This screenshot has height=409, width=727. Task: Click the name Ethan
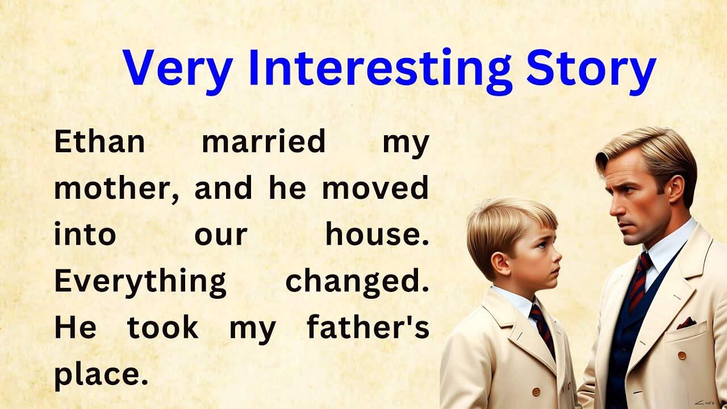tap(99, 141)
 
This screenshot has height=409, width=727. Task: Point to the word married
tap(264, 141)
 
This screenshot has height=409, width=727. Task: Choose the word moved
tap(375, 189)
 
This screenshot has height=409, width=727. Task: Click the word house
tap(377, 235)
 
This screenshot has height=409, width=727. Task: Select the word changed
tap(357, 281)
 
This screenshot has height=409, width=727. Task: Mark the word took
tap(163, 328)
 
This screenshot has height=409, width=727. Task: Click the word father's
tap(367, 328)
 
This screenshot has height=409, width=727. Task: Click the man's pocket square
tap(686, 323)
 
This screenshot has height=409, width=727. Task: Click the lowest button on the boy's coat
tap(536, 391)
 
